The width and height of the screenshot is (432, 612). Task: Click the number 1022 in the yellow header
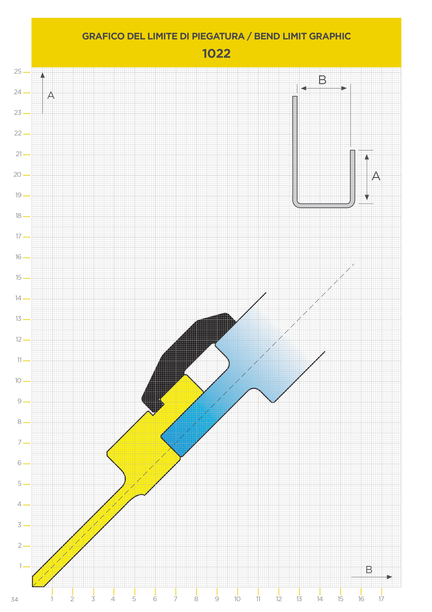click(216, 54)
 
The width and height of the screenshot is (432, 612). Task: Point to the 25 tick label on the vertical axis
click(18, 71)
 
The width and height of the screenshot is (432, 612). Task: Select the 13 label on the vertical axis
click(18, 319)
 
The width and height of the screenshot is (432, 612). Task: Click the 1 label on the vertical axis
click(20, 566)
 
